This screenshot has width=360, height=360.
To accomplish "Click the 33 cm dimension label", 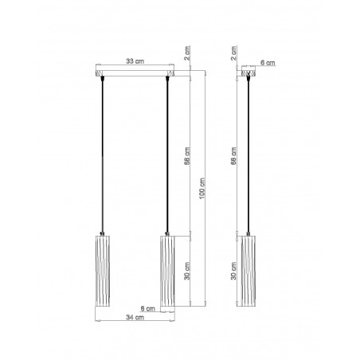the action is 135,61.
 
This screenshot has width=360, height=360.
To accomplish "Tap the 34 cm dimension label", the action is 135,317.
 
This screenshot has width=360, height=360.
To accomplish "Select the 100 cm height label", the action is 202,189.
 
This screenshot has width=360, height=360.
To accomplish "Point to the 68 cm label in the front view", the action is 187,156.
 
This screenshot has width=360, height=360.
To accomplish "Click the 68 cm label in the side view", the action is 233,156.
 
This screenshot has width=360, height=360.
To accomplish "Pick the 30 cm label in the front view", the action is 187,271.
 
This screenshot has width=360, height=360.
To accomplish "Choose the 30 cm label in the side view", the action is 233,271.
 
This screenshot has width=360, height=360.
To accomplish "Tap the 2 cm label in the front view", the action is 187,53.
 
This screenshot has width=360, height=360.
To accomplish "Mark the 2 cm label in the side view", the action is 233,53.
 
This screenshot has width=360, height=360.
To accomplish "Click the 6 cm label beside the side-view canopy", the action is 268,63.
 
